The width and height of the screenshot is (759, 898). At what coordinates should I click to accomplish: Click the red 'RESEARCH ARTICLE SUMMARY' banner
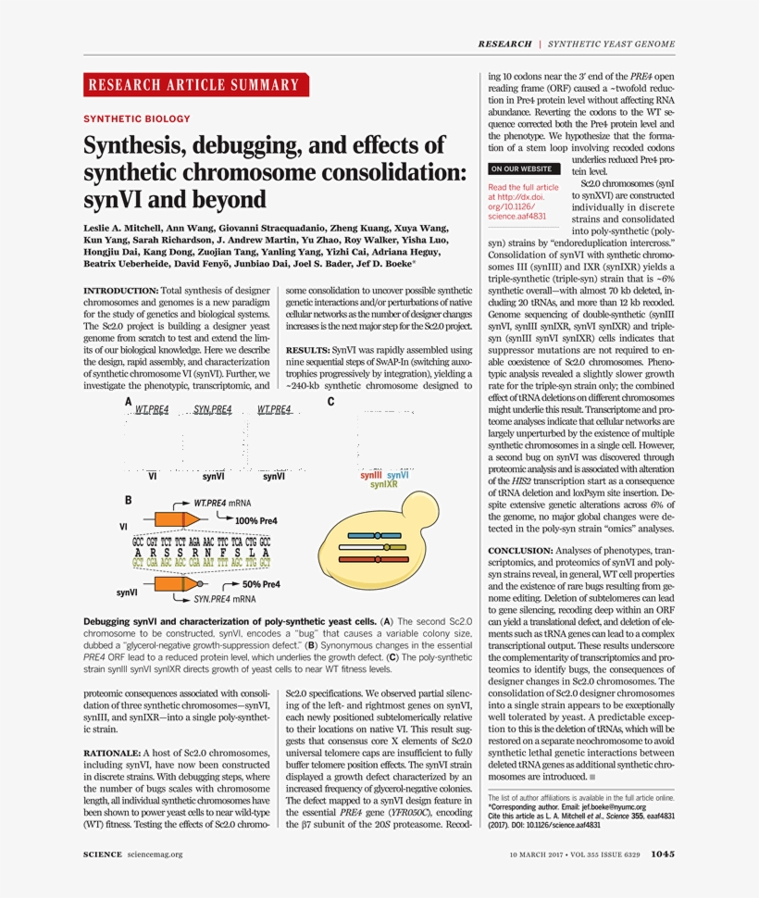coord(193,85)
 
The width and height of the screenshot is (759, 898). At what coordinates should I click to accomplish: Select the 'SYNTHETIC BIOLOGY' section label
coord(137,119)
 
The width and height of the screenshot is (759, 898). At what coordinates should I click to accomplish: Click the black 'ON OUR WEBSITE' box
coord(524,169)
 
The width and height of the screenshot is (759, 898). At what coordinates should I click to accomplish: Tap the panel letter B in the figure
coord(128,500)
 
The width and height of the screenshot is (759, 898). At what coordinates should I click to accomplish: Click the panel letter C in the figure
coord(330,402)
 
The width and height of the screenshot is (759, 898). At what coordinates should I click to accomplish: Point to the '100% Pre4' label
coord(257,521)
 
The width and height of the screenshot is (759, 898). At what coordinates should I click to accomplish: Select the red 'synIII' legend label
coord(370,475)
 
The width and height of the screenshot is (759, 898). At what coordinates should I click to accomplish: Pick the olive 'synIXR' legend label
coord(384,484)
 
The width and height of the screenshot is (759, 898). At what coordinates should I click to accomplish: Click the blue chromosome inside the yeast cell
coord(370,535)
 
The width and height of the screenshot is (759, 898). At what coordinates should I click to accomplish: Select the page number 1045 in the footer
coord(663,854)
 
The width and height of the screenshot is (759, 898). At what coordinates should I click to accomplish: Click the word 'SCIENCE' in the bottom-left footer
coord(103,854)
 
